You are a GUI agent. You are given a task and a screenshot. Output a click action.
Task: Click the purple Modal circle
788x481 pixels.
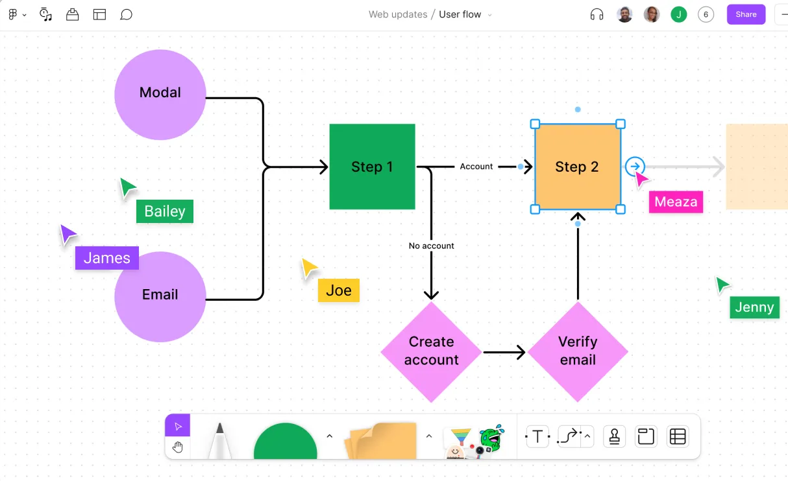click(160, 94)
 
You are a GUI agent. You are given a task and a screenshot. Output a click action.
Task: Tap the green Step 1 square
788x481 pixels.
click(372, 167)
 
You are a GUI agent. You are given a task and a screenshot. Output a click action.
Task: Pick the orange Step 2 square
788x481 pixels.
click(577, 167)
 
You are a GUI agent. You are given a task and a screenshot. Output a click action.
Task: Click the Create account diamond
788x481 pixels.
click(431, 351)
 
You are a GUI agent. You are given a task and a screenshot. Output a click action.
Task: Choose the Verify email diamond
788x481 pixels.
click(578, 351)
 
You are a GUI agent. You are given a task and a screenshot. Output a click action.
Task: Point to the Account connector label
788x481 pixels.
click(476, 167)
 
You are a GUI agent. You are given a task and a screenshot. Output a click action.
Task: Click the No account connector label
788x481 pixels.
click(431, 246)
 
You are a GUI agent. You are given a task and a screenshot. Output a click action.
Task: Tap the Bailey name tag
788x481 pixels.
click(165, 211)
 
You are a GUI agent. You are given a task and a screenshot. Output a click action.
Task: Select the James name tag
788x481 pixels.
click(107, 258)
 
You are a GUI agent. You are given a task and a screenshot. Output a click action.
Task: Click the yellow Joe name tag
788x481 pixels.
click(339, 290)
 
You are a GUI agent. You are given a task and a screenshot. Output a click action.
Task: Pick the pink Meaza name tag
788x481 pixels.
click(676, 202)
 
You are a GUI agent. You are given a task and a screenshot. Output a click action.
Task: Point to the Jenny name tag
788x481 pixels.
click(754, 307)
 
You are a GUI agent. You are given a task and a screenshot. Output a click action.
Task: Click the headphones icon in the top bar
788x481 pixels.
click(597, 14)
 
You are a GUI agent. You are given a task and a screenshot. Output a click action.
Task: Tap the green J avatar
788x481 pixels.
click(679, 14)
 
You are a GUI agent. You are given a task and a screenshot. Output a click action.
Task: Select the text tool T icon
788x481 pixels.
click(537, 437)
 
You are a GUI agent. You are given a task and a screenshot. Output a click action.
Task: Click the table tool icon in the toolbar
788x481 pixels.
click(678, 437)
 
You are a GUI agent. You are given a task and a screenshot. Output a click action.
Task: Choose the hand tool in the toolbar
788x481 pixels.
click(178, 447)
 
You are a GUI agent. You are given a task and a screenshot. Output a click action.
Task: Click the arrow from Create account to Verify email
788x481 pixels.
click(504, 353)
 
